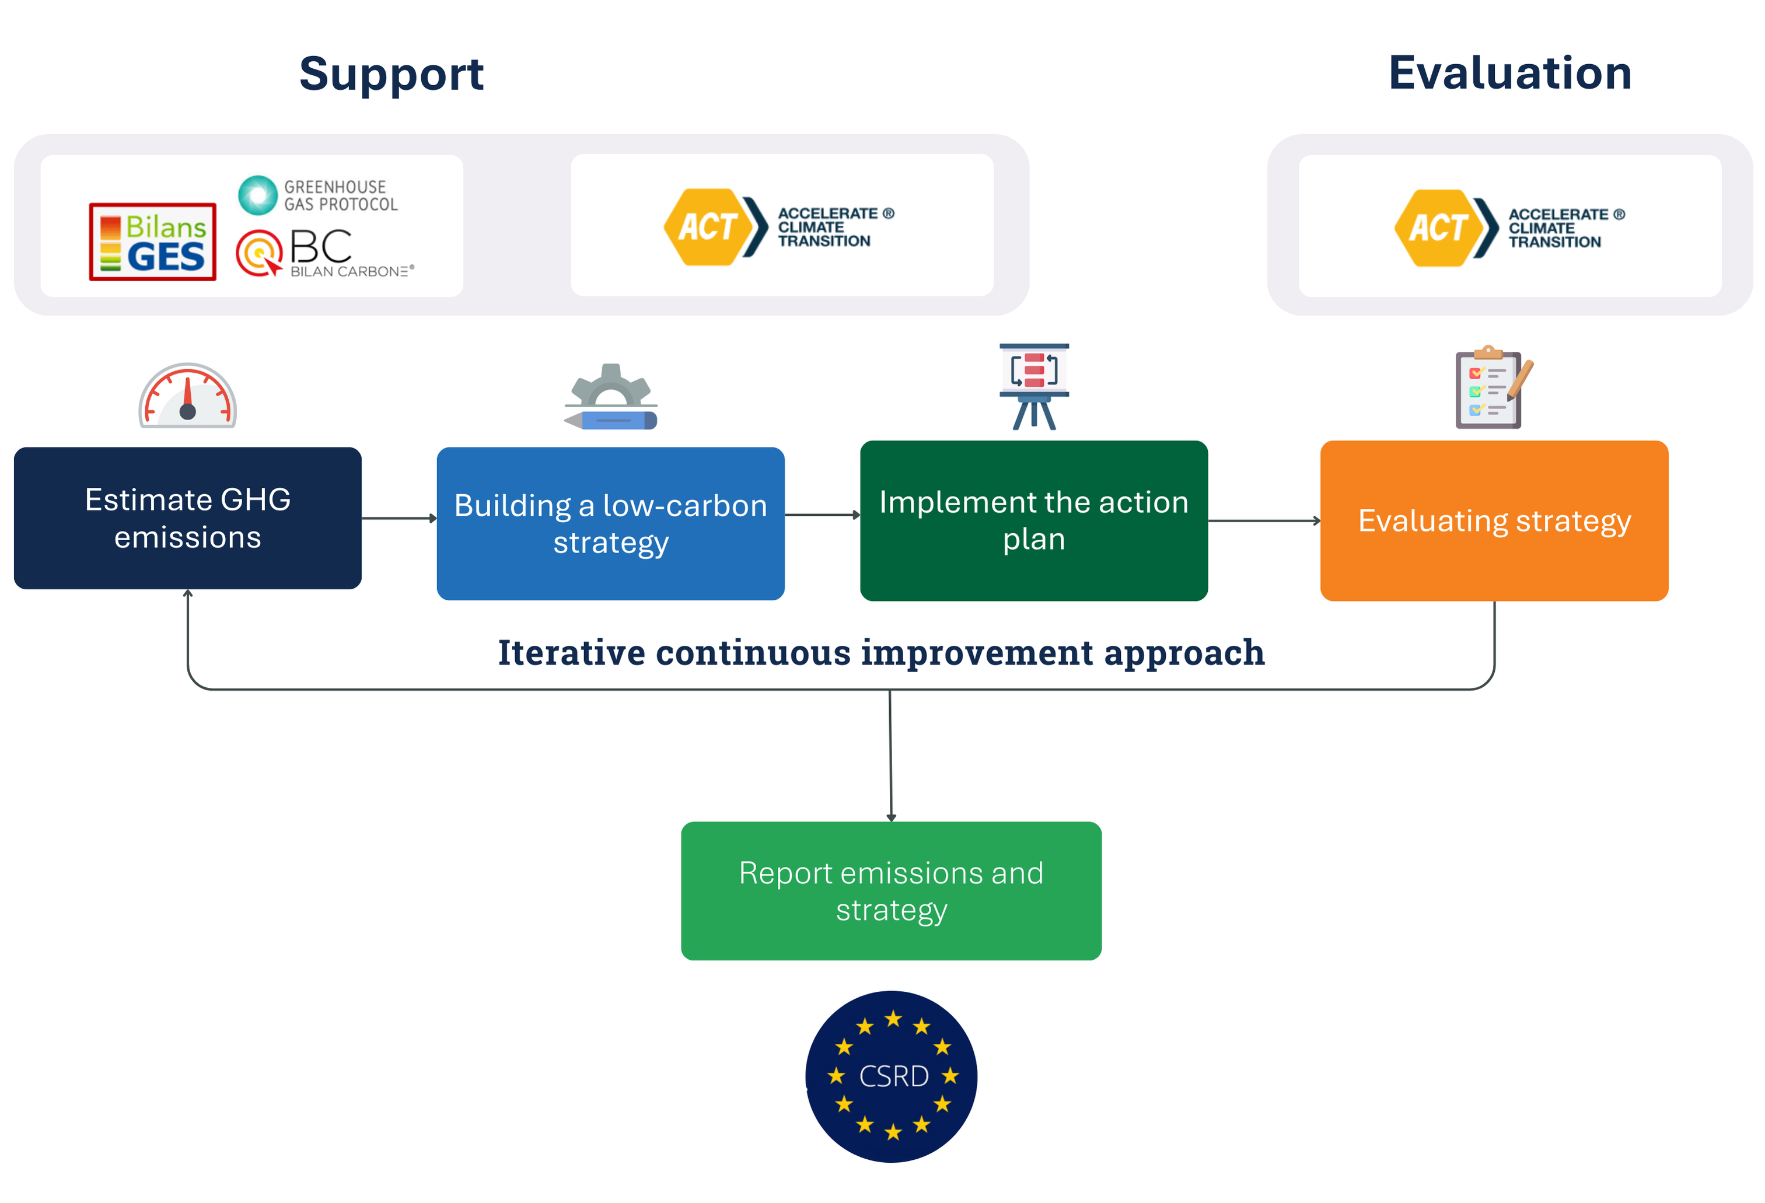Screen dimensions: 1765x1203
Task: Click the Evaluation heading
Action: pyautogui.click(x=1510, y=73)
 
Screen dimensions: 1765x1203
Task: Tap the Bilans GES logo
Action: pyautogui.click(x=153, y=242)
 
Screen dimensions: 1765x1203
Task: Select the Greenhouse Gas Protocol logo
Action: pyautogui.click(x=317, y=195)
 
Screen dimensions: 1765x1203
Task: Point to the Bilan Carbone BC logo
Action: pyautogui.click(x=324, y=253)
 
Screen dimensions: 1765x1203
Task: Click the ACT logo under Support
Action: pyautogui.click(x=779, y=227)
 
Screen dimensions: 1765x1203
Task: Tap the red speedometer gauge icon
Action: pyautogui.click(x=188, y=395)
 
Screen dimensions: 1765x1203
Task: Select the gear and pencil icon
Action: pyautogui.click(x=611, y=397)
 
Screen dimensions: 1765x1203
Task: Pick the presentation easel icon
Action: pyautogui.click(x=1034, y=387)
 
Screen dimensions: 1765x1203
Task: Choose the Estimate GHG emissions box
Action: pyautogui.click(x=188, y=518)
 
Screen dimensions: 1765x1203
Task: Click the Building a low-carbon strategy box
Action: pyautogui.click(x=611, y=523)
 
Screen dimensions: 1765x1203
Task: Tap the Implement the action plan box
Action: pyautogui.click(x=1034, y=520)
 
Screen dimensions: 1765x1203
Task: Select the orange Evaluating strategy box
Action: pyautogui.click(x=1494, y=520)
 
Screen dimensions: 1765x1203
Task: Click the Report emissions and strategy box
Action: pyautogui.click(x=891, y=891)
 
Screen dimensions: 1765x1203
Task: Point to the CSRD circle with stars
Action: pyautogui.click(x=892, y=1076)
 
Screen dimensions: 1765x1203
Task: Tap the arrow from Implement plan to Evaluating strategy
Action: pyautogui.click(x=1264, y=521)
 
